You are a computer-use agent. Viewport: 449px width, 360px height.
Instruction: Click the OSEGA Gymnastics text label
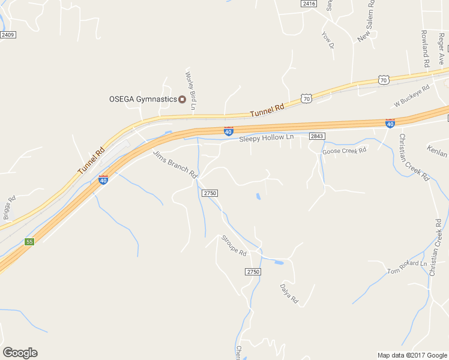click(142, 99)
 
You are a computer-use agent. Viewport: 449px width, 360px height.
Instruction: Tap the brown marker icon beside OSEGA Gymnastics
click(182, 99)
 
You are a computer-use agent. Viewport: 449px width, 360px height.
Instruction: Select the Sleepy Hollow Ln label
click(267, 138)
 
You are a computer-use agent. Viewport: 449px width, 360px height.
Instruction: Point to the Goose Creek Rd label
click(344, 151)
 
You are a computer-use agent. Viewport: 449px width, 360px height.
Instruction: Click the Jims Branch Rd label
click(175, 164)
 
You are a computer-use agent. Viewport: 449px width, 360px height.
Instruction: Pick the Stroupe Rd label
click(234, 245)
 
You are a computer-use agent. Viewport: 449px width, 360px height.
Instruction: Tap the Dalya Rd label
click(289, 293)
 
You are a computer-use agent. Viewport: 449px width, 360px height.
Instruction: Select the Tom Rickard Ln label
click(407, 266)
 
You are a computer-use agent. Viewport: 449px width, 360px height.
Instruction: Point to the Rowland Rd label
click(425, 48)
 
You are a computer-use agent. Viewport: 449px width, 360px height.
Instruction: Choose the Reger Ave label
click(441, 44)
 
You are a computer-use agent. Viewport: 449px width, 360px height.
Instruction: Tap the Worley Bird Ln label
click(191, 91)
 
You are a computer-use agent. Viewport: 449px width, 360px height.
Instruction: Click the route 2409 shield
click(8, 35)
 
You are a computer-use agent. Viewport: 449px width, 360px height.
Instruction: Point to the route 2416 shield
click(309, 4)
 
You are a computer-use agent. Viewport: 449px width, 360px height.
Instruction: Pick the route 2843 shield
click(317, 136)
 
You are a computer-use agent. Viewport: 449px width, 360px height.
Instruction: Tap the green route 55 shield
click(29, 242)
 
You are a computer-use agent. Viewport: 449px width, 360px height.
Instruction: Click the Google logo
click(20, 353)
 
